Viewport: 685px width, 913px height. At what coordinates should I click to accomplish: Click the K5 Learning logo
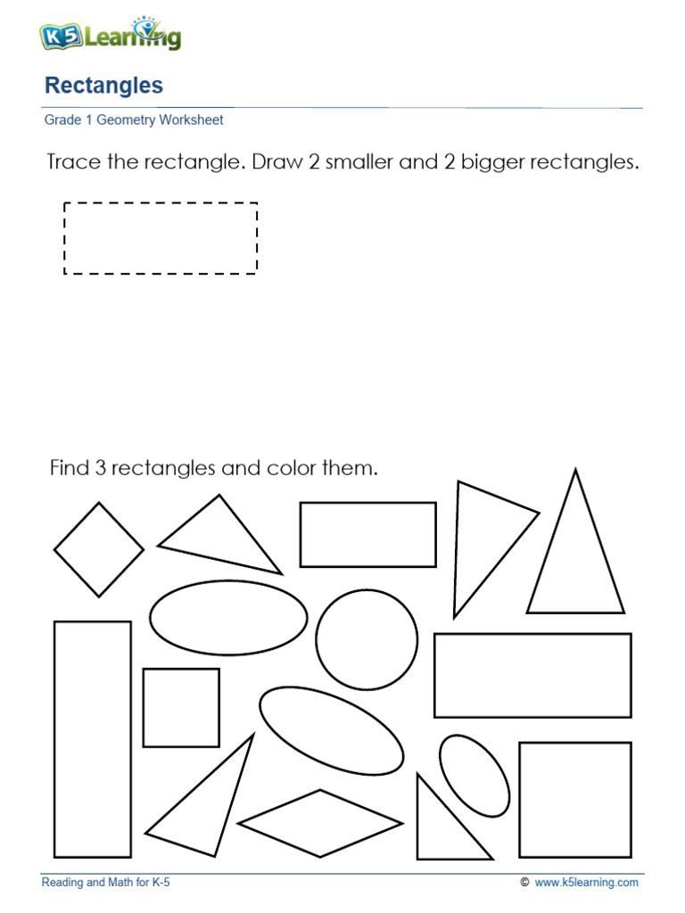pos(110,36)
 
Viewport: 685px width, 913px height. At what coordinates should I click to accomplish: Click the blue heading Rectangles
pos(103,86)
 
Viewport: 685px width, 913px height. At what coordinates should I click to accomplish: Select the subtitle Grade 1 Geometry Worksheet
pos(134,119)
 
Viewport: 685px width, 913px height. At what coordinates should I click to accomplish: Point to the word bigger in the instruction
pos(492,164)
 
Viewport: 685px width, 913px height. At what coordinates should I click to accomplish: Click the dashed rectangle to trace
pos(161,238)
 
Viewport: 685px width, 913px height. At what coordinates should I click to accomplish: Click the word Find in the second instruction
pos(68,468)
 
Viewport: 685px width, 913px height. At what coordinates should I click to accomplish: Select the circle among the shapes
pos(367,640)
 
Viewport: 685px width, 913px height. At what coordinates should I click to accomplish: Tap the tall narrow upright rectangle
pos(93,739)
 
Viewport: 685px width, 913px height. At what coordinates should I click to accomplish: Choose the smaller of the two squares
pos(181,708)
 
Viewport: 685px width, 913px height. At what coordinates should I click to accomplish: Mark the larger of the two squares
pos(575,800)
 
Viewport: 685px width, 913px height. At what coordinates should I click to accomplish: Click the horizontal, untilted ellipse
pos(228,617)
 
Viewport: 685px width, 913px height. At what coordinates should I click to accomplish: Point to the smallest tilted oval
pos(475,775)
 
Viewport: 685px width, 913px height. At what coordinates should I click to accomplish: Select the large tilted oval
pos(331,730)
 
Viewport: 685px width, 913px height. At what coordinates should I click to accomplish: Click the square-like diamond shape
pos(98,549)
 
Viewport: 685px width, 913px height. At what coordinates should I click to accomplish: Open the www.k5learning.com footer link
pos(587,883)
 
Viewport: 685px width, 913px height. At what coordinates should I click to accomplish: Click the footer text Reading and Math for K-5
pos(106,883)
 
